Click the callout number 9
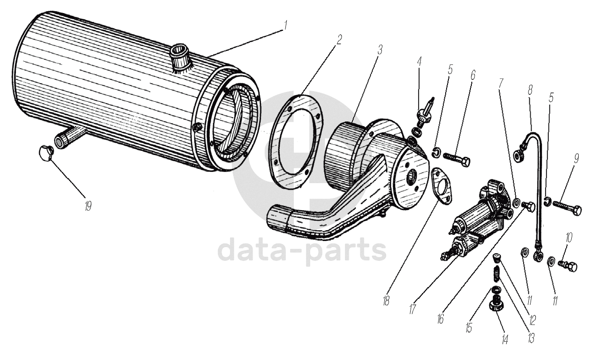pos(576,159)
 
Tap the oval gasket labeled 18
pos(441,186)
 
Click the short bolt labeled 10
pos(568,266)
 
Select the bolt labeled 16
pos(528,206)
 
